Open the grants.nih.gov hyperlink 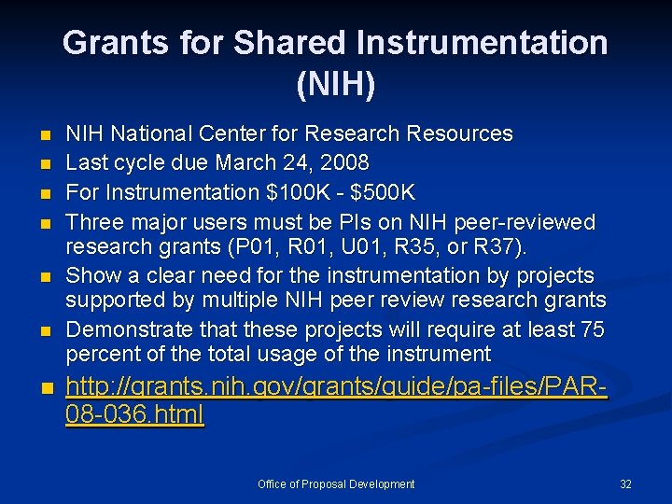[336, 399]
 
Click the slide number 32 [625, 484]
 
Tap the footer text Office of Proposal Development [336, 484]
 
